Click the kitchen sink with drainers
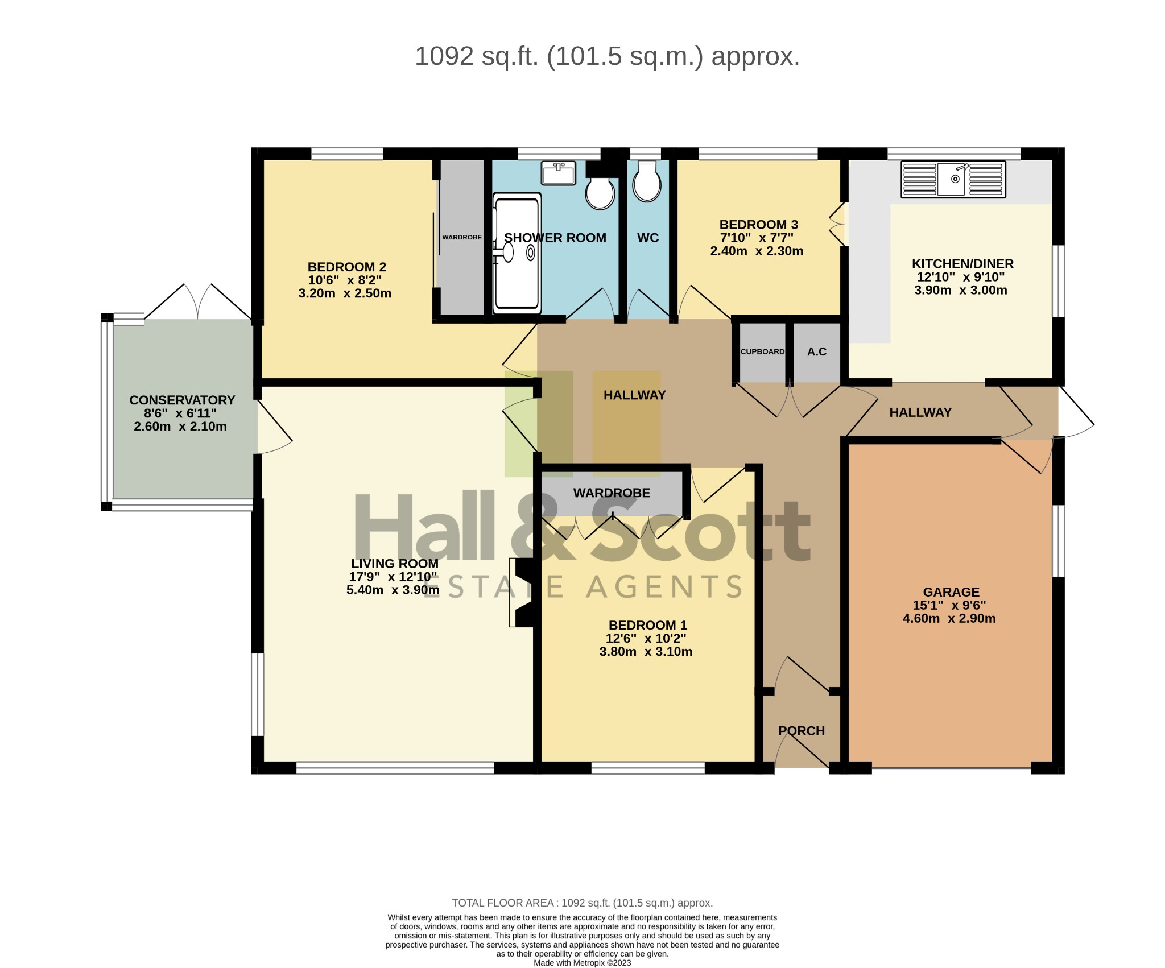953,179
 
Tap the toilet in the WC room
647,182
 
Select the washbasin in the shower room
558,173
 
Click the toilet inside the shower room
600,192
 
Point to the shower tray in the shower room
517,253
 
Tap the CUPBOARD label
762,351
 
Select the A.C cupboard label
816,351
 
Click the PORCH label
801,731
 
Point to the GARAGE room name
951,592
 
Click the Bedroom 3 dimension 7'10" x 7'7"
757,238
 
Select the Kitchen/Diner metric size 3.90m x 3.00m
960,290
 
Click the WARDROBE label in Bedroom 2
462,237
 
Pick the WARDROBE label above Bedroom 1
611,493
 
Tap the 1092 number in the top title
444,56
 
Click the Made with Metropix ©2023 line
582,963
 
